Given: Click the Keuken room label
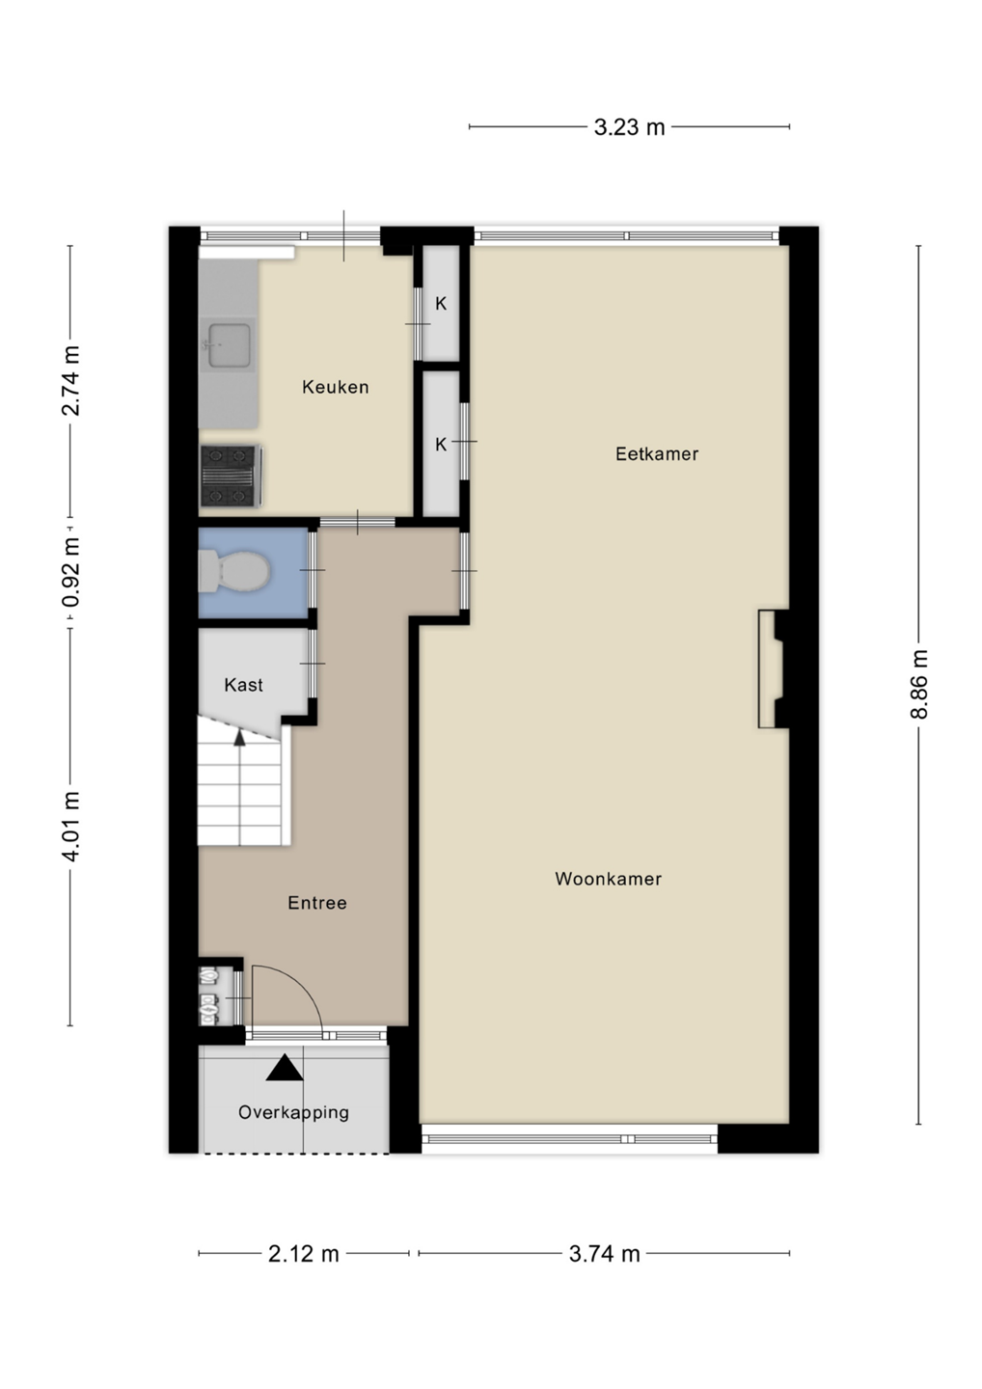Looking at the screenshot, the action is pos(336,388).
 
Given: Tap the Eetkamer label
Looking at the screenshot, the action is pos(657,454).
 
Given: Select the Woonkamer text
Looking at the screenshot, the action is pos(608,879).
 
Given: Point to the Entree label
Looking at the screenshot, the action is pos(316,903).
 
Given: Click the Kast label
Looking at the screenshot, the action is pos(244,685).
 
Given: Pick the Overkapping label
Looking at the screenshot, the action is pos(294,1112).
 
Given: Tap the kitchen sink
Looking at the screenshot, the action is pos(229,344).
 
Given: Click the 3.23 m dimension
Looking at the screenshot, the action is pos(629,127).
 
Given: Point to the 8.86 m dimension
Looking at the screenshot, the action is pos(918,684).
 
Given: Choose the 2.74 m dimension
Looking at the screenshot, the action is pos(70,381).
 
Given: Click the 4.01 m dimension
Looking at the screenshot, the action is pos(70,827).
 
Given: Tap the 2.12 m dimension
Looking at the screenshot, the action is pos(304,1254).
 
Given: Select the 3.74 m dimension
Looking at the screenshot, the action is pos(605,1254).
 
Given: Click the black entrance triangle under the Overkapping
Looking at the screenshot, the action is pos(285,1067).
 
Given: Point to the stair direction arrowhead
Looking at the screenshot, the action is pos(239,737).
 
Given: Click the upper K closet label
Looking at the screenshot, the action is pos(441,303).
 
